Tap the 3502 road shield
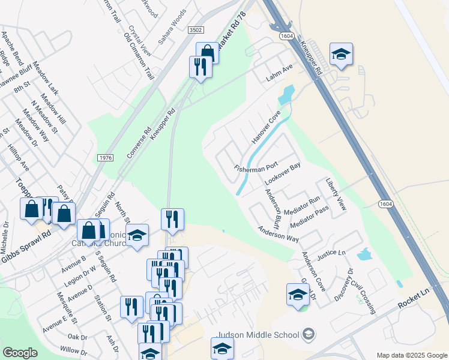(x=195, y=30)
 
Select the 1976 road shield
(x=104, y=157)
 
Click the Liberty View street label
(x=336, y=194)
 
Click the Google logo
(x=20, y=353)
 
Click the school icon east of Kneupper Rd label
(x=341, y=55)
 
